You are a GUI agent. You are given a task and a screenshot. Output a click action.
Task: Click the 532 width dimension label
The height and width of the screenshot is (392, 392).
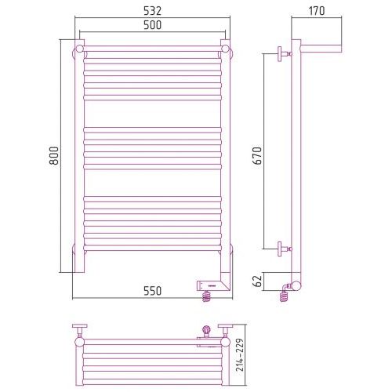[153, 11]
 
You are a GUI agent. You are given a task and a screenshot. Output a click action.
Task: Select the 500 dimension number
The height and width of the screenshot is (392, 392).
[153, 25]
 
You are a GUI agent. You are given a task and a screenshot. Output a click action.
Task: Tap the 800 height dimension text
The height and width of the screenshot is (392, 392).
[54, 155]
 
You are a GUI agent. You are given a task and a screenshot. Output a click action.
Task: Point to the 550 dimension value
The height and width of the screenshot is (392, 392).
[153, 291]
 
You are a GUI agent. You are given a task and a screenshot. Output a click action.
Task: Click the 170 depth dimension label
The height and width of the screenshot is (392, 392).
[317, 11]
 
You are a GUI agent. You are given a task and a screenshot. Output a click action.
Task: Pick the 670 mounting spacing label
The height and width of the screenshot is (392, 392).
[257, 155]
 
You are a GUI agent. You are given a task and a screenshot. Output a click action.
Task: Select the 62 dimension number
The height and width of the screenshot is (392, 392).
[258, 281]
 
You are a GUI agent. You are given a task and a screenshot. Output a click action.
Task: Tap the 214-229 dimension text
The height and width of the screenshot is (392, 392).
[240, 354]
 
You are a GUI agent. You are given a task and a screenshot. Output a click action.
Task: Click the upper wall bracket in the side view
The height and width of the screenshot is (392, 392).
[285, 54]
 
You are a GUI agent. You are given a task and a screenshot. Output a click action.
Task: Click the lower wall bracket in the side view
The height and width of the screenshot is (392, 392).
[285, 249]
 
